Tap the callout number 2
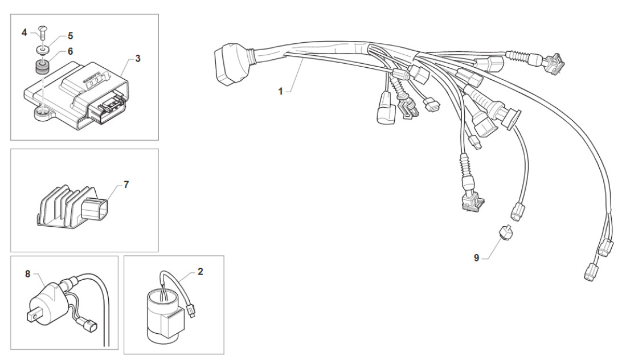coord(200,272)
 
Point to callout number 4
coord(24,32)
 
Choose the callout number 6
coord(70,51)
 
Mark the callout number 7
coord(126,185)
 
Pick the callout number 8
coord(27,273)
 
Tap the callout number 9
coord(476,257)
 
